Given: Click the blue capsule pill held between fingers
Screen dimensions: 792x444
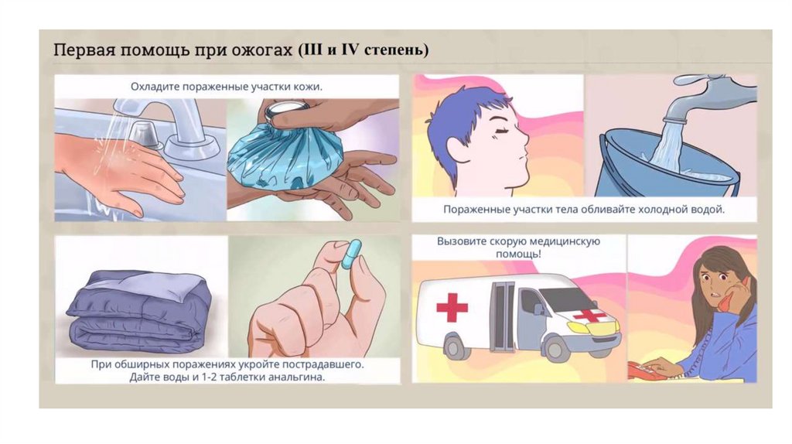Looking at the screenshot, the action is point(352,254).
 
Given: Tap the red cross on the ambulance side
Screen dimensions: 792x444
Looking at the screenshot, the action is point(452,307).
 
